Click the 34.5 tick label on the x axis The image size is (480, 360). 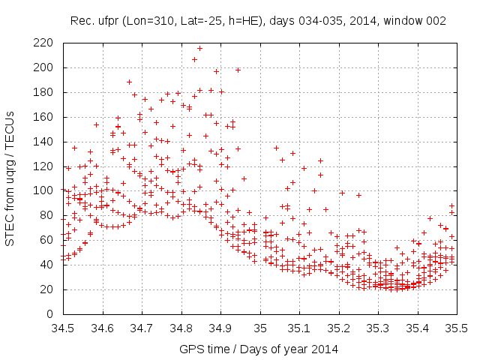(x=64, y=328)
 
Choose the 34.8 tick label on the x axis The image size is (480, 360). (x=181, y=328)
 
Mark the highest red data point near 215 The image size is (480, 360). (x=199, y=49)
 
